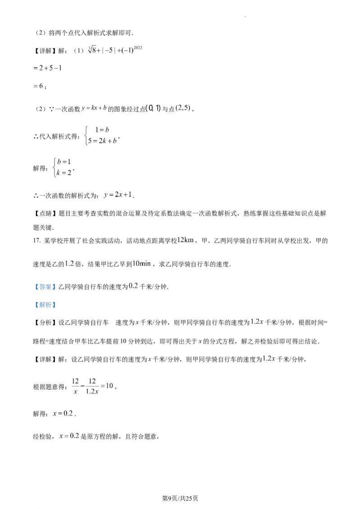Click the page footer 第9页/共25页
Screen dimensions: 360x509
[x=180, y=498]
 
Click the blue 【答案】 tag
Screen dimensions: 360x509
[x=44, y=287]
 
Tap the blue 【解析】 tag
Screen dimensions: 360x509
[x=45, y=305]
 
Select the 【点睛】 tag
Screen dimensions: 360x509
[x=45, y=214]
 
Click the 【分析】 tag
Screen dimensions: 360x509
[x=45, y=323]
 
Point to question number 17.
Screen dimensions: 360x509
[x=37, y=241]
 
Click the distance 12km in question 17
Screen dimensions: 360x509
[x=185, y=240]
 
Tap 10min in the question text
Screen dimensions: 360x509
[x=142, y=263]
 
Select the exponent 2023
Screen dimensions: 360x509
[x=138, y=48]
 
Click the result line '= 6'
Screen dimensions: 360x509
[x=39, y=86]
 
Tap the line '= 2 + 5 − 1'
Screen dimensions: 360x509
[x=47, y=68]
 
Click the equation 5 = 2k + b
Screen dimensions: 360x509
[x=102, y=141]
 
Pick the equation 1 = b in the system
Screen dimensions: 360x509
[x=102, y=130]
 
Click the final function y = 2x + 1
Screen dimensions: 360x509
[x=118, y=195]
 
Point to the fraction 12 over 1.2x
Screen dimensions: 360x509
[x=92, y=386]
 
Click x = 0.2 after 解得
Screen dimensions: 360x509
[x=63, y=414]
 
